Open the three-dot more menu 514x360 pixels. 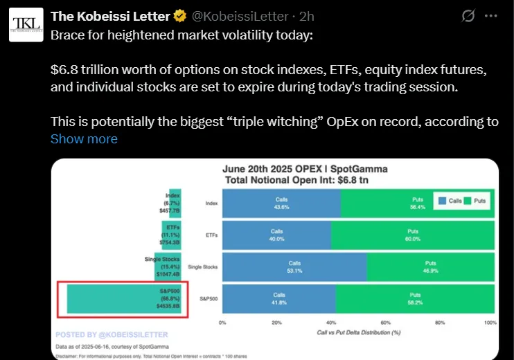[493, 15]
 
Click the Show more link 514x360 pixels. [84, 138]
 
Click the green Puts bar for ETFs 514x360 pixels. [413, 235]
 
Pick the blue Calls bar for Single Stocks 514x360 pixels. [294, 267]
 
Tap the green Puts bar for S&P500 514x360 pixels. [416, 298]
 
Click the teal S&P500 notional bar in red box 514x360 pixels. [125, 299]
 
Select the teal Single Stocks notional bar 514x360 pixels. [172, 267]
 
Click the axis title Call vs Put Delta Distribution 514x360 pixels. [360, 332]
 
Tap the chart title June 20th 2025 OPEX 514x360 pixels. [305, 169]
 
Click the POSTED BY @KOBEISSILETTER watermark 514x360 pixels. [112, 334]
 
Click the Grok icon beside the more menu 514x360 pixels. [468, 15]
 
